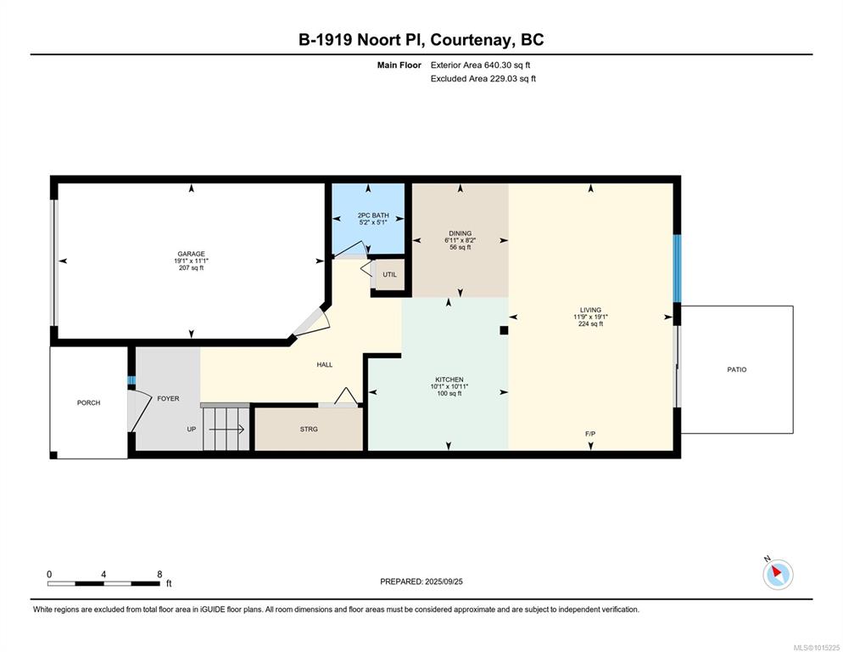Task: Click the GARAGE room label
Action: pyautogui.click(x=192, y=254)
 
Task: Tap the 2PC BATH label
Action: pyautogui.click(x=373, y=216)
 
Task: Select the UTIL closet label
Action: pyautogui.click(x=390, y=274)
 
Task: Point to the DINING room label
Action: pyautogui.click(x=461, y=233)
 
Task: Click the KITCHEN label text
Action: pyautogui.click(x=449, y=379)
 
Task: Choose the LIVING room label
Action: pyautogui.click(x=590, y=310)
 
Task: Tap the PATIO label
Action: pyautogui.click(x=736, y=370)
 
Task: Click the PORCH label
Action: pyautogui.click(x=89, y=402)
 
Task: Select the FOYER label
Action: pyautogui.click(x=168, y=399)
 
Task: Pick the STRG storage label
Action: pyautogui.click(x=309, y=429)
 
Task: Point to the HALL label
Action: pyautogui.click(x=325, y=364)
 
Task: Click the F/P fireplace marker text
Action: pyautogui.click(x=590, y=434)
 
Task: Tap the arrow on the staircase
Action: pyautogui.click(x=227, y=429)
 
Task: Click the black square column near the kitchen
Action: pyautogui.click(x=504, y=330)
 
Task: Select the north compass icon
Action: pyautogui.click(x=778, y=574)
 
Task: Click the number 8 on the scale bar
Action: pyautogui.click(x=159, y=575)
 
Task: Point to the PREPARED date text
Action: pyautogui.click(x=421, y=582)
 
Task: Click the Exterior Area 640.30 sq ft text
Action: pyautogui.click(x=480, y=65)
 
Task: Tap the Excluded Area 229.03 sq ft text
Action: pyautogui.click(x=483, y=79)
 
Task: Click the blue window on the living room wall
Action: pyautogui.click(x=678, y=268)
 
